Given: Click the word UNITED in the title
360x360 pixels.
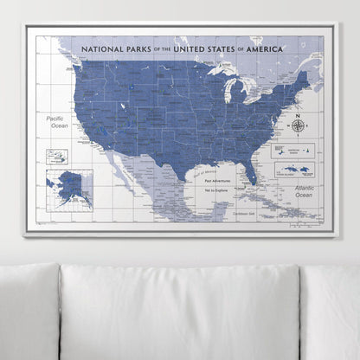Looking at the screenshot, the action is point(193,50).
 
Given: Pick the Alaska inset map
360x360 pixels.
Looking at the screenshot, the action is point(69,185).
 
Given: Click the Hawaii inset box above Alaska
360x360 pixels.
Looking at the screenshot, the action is point(59,157).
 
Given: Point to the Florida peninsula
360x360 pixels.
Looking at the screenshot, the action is point(248,170).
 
